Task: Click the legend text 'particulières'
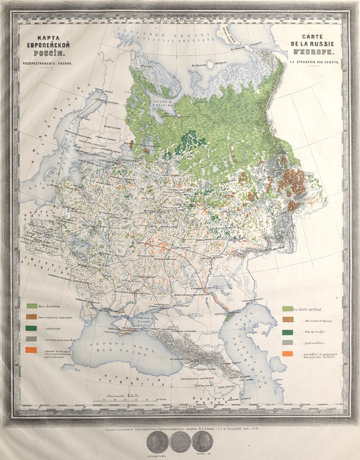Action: tap(315, 343)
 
